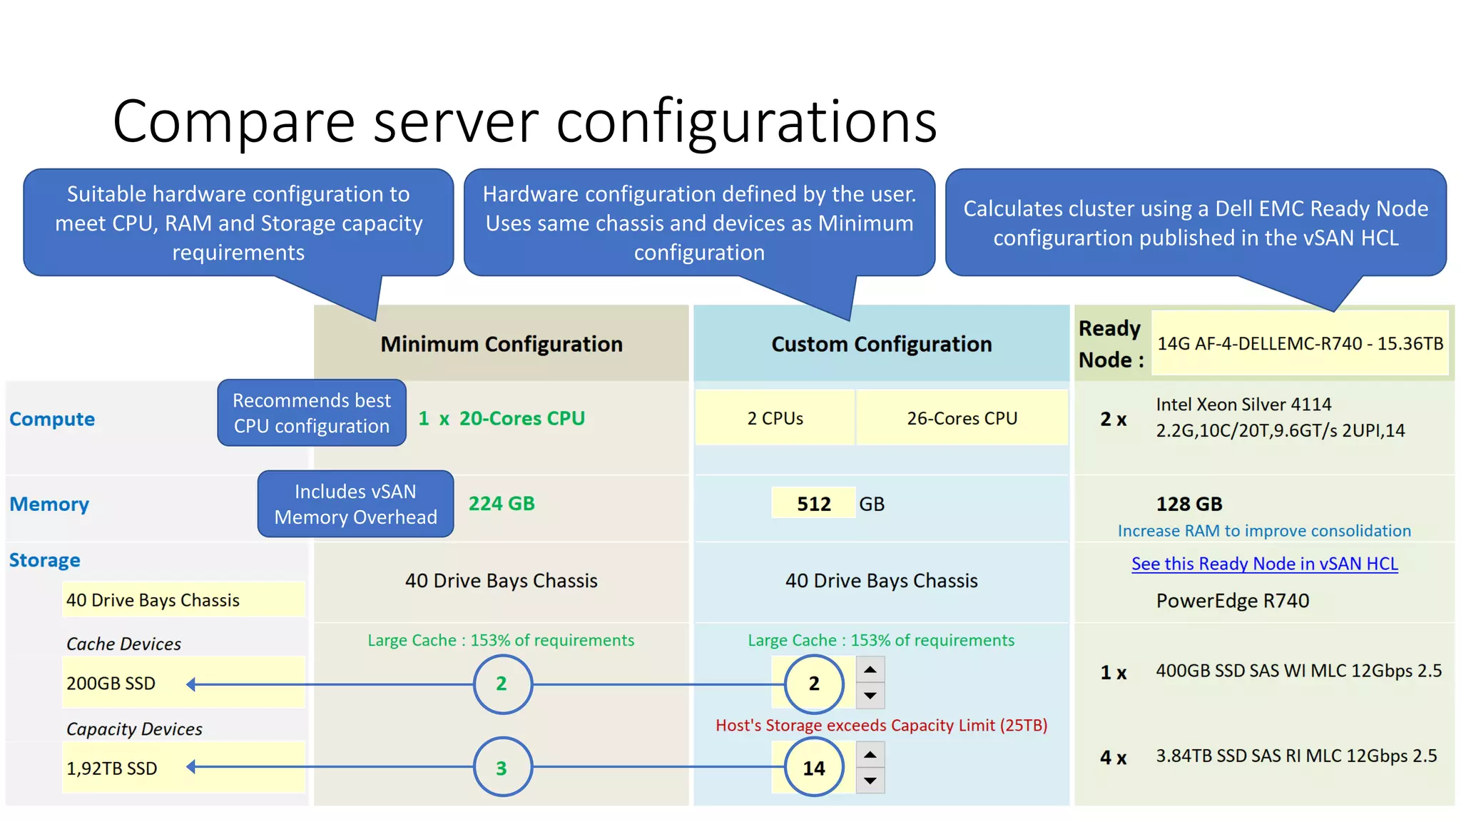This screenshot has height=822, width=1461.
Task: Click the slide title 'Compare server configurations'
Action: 524,121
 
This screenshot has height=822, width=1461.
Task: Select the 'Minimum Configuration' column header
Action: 501,344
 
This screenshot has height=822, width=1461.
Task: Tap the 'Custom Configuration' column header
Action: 881,344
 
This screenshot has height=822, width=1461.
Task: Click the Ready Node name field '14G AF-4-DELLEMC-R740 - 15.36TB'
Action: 1300,343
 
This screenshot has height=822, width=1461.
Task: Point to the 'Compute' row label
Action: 52,419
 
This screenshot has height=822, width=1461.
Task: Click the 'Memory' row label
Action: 49,504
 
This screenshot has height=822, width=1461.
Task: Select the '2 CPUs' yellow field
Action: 775,418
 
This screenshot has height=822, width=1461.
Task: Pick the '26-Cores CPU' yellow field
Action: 962,418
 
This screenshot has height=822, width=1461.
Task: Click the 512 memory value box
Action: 813,504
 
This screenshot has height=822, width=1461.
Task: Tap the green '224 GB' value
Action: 502,504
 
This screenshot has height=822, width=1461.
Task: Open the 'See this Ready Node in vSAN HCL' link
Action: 1264,564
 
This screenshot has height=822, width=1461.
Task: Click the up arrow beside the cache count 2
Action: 870,670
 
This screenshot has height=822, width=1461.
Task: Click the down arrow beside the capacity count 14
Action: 870,781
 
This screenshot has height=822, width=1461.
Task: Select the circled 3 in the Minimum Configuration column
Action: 502,768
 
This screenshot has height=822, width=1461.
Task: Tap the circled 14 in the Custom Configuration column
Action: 814,768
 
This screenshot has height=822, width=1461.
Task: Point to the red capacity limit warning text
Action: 881,725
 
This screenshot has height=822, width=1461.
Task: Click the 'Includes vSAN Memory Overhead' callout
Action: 355,504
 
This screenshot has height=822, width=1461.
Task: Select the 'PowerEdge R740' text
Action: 1232,601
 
